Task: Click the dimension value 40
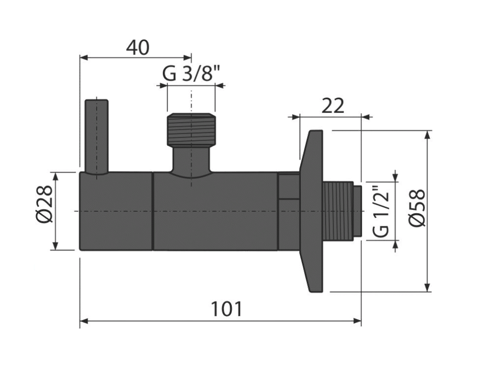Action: [x=138, y=48]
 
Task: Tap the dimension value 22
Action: [x=333, y=106]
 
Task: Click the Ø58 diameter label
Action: [x=417, y=207]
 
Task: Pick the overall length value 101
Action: [x=226, y=309]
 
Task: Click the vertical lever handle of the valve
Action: [x=96, y=137]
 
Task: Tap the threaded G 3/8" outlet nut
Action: [x=191, y=129]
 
